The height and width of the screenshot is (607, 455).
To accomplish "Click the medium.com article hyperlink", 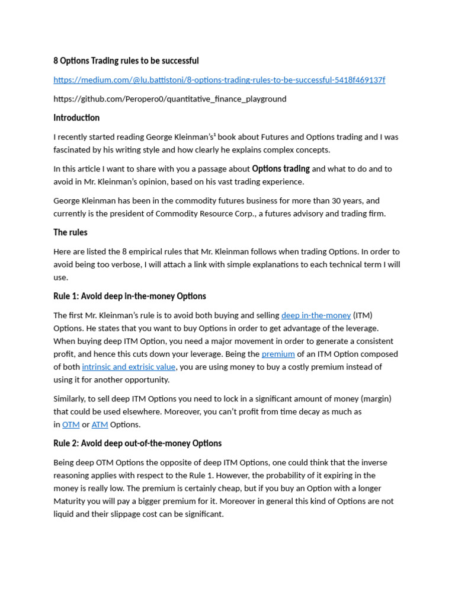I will [219, 79].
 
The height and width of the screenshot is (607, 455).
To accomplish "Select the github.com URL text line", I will [170, 99].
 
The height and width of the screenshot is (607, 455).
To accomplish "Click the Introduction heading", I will [76, 118].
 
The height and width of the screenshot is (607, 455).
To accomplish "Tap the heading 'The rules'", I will [71, 232].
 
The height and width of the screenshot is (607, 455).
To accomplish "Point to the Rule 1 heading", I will [130, 296].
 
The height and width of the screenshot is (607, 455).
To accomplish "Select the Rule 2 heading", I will [137, 443].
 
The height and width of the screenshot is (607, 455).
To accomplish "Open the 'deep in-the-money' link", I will [316, 315].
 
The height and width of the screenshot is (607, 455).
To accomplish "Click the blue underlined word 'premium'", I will [278, 354].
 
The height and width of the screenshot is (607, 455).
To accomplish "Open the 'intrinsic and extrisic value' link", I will [129, 367].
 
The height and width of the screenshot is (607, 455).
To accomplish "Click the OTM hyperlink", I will [71, 424].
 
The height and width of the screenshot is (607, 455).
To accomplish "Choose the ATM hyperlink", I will [100, 424].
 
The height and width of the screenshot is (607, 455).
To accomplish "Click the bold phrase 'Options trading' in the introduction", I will [281, 169].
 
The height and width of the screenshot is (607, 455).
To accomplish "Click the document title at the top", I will [126, 60].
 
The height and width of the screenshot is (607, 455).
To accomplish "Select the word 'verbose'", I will [136, 264].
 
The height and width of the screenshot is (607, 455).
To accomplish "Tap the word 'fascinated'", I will [74, 150].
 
